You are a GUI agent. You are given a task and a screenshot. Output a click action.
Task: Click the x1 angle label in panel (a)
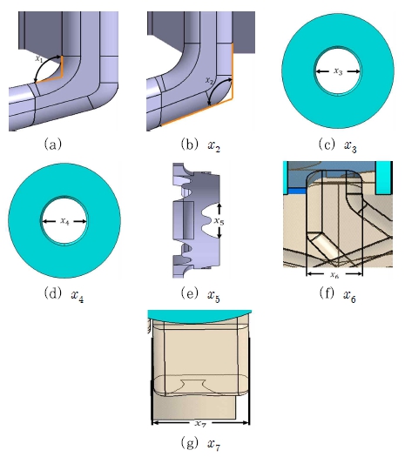[39, 58]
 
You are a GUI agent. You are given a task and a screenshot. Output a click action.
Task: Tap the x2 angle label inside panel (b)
[209, 81]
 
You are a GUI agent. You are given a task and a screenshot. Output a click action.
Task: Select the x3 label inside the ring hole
[338, 71]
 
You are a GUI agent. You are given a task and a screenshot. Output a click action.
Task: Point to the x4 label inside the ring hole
[64, 221]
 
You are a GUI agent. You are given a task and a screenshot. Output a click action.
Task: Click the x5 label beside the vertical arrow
[219, 221]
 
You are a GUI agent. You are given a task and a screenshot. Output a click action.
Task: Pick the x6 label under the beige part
[334, 274]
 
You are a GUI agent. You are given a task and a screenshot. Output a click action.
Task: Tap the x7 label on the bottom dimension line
[200, 423]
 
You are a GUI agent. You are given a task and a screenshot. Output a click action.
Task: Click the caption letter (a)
[53, 144]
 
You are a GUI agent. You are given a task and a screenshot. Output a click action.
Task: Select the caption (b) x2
[200, 144]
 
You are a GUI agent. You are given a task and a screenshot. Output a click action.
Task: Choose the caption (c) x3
[338, 144]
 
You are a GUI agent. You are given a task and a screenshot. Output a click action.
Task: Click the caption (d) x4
[64, 294]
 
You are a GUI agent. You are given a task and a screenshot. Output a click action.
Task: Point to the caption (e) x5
[200, 294]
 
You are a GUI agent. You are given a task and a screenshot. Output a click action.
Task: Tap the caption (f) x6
[338, 294]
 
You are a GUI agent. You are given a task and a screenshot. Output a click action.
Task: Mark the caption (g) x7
[200, 444]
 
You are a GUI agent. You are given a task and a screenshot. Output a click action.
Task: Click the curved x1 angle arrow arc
[44, 64]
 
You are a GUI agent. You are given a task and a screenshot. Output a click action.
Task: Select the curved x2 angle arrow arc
[216, 86]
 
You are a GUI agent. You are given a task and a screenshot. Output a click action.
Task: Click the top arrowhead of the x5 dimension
[219, 206]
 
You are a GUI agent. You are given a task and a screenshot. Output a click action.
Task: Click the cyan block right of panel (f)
[384, 178]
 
